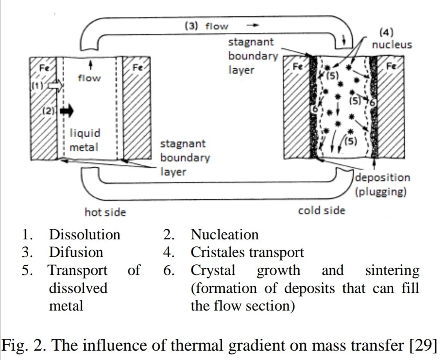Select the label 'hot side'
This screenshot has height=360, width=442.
coord(105,212)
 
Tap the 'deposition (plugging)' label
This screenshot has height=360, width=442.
coord(382,184)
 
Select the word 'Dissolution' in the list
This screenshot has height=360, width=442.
coord(85,235)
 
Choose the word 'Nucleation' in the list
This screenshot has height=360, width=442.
coord(225,235)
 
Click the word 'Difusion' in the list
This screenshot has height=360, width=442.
coord(76,252)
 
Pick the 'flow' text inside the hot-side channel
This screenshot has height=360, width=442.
coord(89,78)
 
